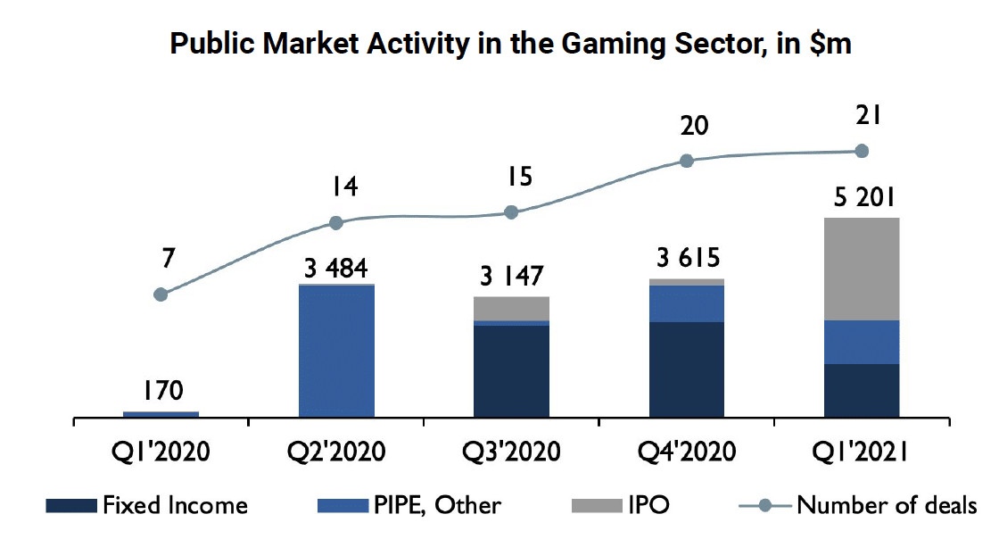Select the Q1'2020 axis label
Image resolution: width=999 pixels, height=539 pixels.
(x=161, y=451)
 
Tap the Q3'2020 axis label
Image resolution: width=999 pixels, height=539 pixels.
(x=511, y=451)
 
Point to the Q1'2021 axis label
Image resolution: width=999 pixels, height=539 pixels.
(x=861, y=451)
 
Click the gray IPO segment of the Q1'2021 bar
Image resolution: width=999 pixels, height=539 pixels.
(x=861, y=269)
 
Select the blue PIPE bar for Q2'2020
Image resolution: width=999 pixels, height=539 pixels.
(x=336, y=351)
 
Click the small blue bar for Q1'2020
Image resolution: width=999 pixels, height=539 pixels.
(x=161, y=414)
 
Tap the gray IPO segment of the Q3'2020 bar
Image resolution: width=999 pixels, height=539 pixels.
(x=511, y=308)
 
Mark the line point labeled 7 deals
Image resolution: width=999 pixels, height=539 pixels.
(x=161, y=294)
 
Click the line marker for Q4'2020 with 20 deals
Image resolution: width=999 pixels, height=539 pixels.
(x=686, y=162)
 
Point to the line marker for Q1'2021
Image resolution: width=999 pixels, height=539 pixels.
(x=862, y=152)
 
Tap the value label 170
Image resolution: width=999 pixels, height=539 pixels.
(x=161, y=390)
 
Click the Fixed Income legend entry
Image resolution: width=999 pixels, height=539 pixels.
(x=148, y=506)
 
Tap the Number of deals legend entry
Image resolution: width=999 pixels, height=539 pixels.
(x=857, y=506)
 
